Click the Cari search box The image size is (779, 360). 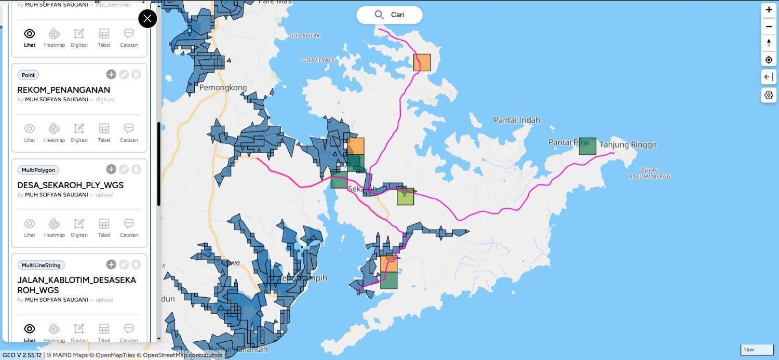click(389, 15)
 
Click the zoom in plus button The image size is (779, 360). click(769, 10)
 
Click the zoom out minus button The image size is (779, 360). click(769, 26)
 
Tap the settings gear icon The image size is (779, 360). click(769, 95)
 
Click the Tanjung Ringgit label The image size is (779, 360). click(628, 145)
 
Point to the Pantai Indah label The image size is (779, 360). click(517, 120)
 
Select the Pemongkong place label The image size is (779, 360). click(223, 88)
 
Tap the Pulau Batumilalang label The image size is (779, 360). click(649, 174)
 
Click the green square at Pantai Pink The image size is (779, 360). click(587, 146)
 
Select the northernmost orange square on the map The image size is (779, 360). click(422, 62)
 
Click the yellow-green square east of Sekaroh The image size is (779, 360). click(406, 196)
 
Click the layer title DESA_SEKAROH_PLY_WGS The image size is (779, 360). click(71, 185)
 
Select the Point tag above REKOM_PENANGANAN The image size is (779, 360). click(28, 75)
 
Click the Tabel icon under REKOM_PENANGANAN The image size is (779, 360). click(104, 132)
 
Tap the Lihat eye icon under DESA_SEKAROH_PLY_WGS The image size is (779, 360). click(30, 227)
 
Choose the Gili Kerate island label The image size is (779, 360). click(318, 60)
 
